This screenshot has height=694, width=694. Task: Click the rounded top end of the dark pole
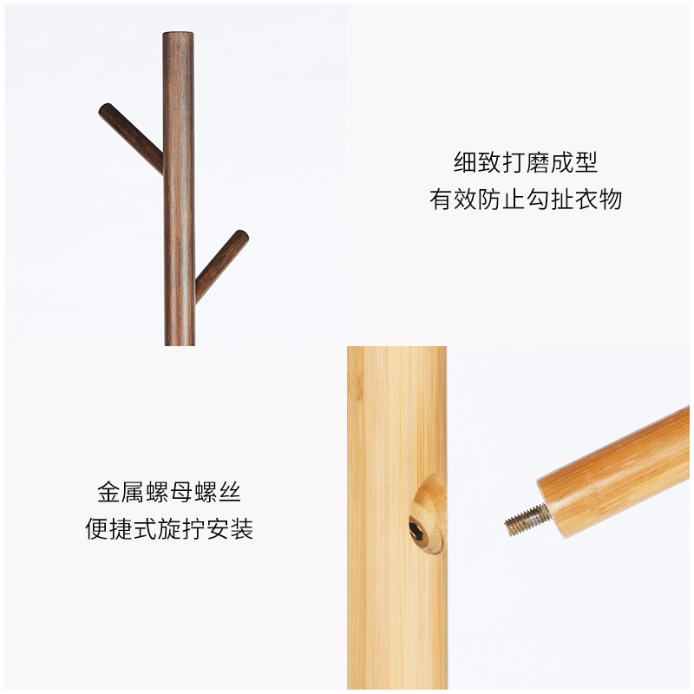(x=179, y=37)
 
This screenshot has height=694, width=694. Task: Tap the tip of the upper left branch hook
(x=105, y=111)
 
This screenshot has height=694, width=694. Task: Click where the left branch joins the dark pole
(x=160, y=165)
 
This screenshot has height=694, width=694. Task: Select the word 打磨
(x=526, y=162)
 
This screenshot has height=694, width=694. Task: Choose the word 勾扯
(x=550, y=200)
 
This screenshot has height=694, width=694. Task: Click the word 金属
(x=121, y=493)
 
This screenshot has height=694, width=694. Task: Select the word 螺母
(x=168, y=493)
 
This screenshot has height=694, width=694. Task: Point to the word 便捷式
(x=121, y=529)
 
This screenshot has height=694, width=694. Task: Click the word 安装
(x=229, y=529)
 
